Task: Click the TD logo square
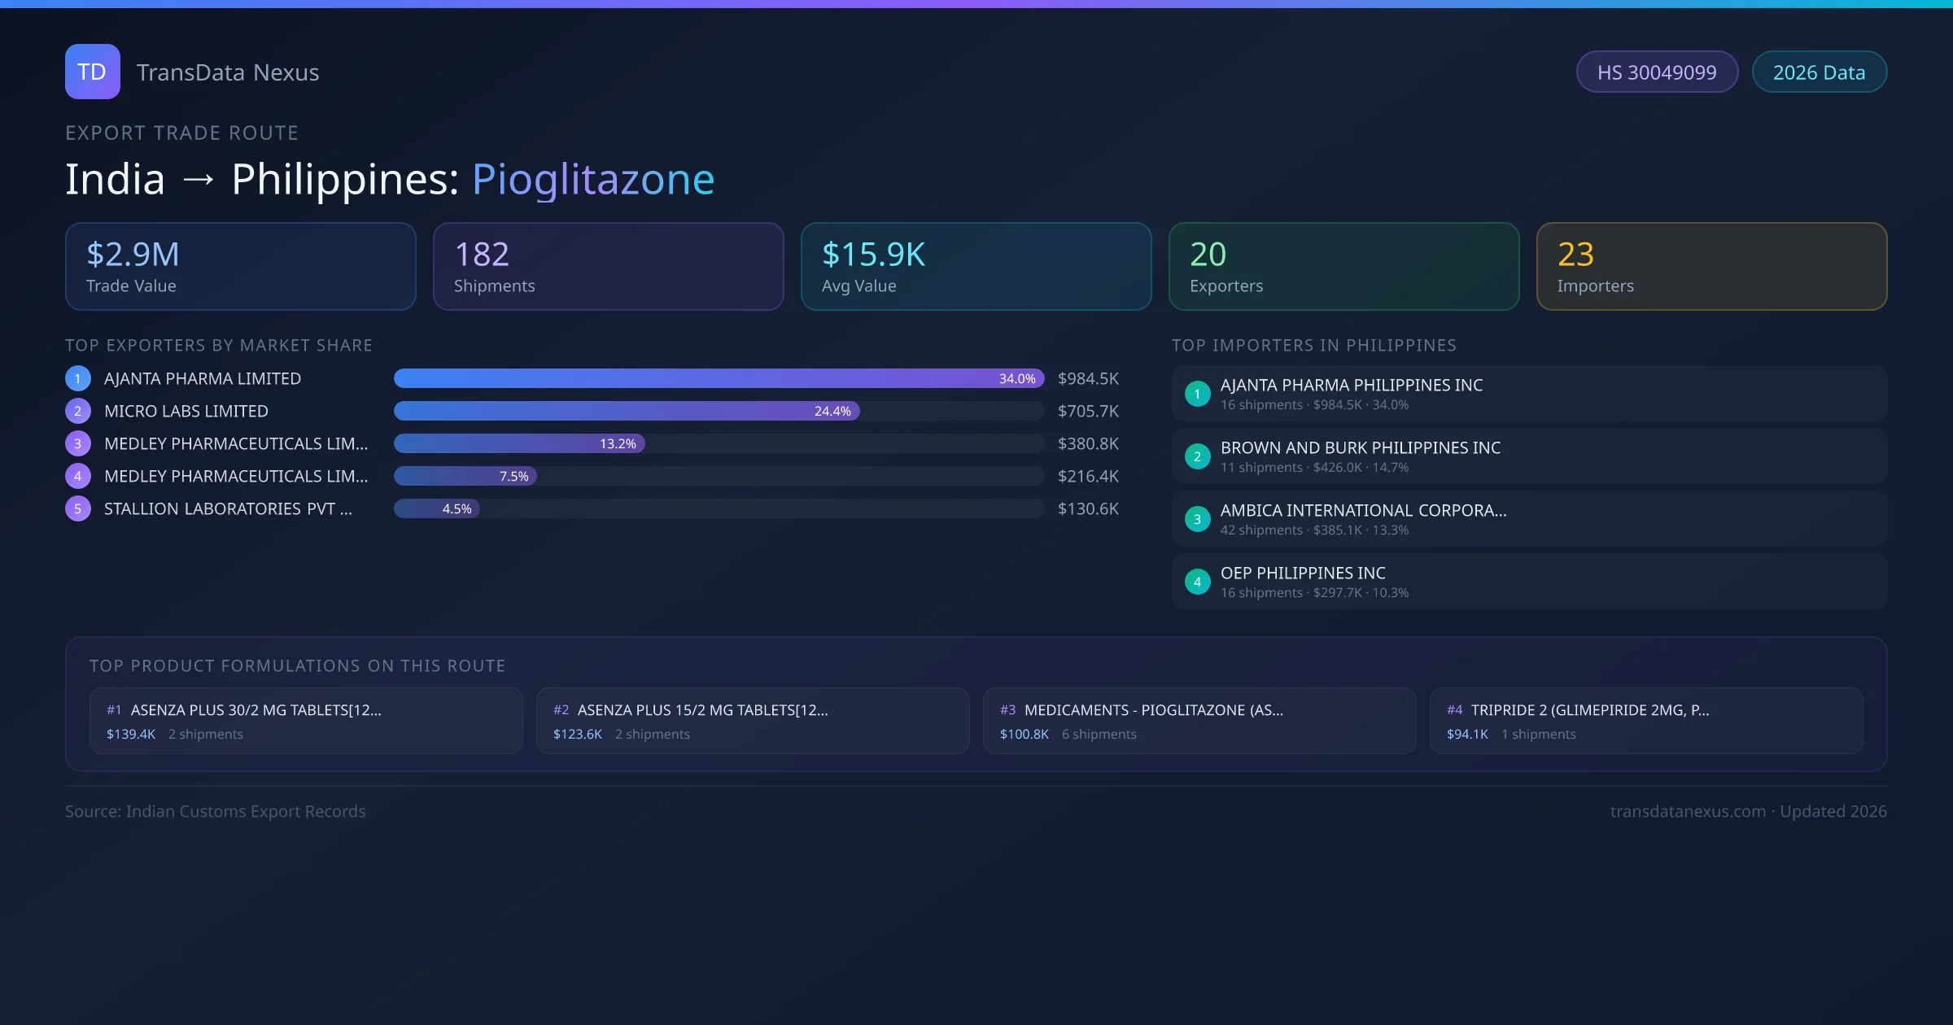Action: tap(93, 72)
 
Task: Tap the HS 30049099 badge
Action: tap(1657, 72)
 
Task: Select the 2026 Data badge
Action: tap(1819, 72)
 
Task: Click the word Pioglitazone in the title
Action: tap(593, 179)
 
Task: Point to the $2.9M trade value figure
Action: tap(133, 255)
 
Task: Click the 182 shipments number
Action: tap(482, 255)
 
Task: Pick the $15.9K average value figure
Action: tap(873, 255)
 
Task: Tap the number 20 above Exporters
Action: tap(1208, 255)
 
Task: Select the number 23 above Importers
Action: tap(1575, 255)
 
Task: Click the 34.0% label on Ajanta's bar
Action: tap(1017, 378)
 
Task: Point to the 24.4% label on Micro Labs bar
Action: tap(832, 411)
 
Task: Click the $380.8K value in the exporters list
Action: tap(1088, 443)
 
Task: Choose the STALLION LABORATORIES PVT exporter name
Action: tap(228, 508)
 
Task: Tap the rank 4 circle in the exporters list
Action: tap(78, 476)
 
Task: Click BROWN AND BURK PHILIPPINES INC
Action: tap(1361, 447)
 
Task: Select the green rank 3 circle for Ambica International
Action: tap(1197, 519)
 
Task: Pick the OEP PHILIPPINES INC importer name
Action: tap(1303, 573)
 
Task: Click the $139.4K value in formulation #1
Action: tap(131, 734)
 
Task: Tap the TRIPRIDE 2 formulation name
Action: tap(1590, 710)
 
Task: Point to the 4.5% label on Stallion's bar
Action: tap(457, 508)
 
